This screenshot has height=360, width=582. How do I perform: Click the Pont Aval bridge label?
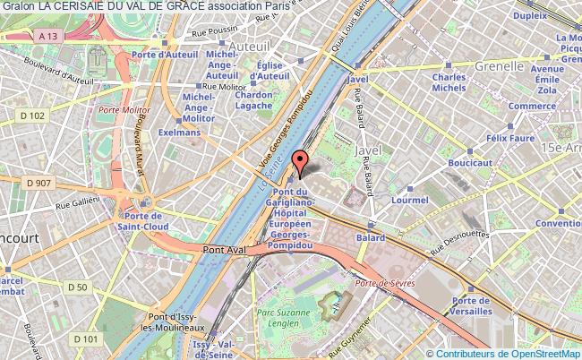(225, 251)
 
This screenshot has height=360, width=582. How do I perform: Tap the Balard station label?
(371, 238)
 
